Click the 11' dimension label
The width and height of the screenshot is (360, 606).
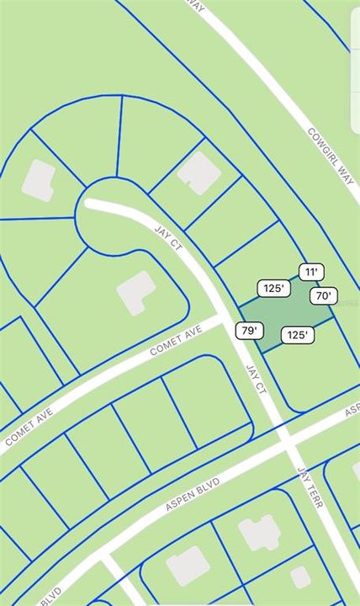[311, 272]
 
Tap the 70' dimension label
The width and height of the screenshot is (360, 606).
[323, 295]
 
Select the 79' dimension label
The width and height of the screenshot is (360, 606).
[247, 330]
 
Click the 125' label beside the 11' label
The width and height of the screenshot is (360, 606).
[273, 289]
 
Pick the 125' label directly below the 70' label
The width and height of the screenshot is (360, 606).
[296, 335]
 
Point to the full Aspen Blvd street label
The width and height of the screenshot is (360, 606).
[193, 495]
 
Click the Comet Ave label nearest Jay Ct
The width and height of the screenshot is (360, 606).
[177, 340]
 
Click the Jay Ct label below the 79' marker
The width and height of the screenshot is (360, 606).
[256, 379]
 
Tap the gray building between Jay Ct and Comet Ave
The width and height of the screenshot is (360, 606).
[135, 292]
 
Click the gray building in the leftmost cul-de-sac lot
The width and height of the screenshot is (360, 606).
[38, 180]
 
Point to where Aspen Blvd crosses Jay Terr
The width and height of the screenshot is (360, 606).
[286, 437]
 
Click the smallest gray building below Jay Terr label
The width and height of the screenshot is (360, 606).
[300, 577]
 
